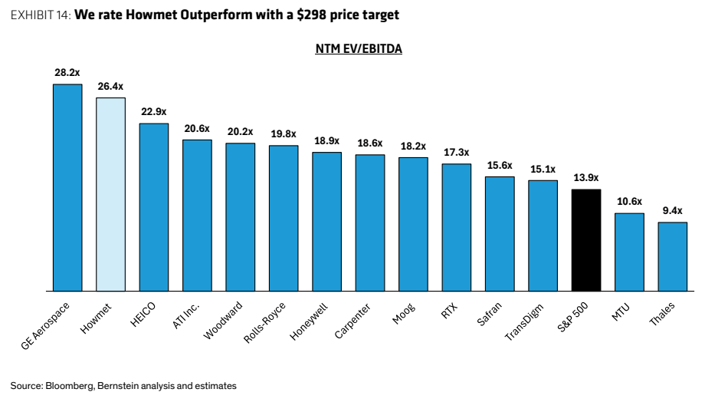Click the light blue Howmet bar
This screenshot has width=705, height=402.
110,194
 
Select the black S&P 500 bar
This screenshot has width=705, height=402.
586,240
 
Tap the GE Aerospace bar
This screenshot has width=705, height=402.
67,188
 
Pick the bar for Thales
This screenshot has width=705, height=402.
673,256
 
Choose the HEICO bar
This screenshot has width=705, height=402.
154,207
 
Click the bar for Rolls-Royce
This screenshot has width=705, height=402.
284,219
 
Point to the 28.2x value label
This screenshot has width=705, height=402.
67,72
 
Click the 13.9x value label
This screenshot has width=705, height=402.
586,178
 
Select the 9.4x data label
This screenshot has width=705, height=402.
673,211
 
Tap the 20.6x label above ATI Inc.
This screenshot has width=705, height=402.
197,129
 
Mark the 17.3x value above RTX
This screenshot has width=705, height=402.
457,153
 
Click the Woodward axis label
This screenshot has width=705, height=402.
223,321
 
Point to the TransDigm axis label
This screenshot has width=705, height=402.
524,322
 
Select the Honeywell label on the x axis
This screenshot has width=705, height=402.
309,321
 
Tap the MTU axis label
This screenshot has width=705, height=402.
621,312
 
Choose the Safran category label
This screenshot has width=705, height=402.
489,314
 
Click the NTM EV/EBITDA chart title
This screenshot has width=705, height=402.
359,48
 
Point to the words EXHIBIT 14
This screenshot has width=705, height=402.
41,15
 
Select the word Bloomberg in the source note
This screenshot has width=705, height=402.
70,386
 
